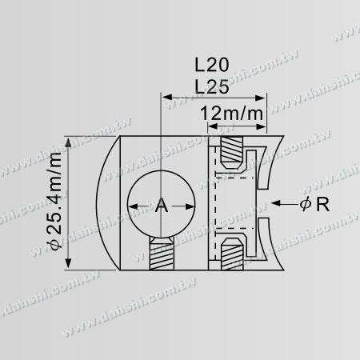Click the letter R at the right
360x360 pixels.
(322, 205)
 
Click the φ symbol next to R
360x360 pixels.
(305, 206)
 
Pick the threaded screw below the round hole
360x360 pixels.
(161, 254)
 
